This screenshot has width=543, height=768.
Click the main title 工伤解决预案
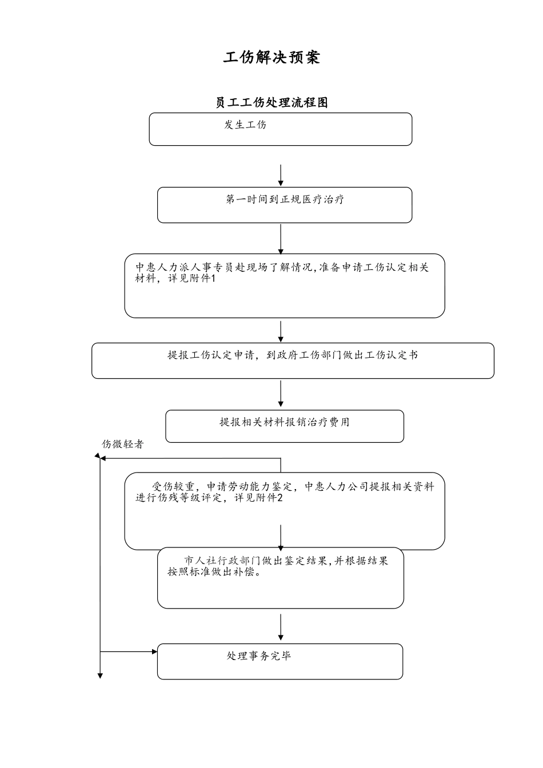(271, 57)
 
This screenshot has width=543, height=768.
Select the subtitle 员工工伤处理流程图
(271, 103)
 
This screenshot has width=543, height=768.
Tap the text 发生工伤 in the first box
(245, 125)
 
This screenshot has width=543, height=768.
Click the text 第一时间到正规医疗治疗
(285, 199)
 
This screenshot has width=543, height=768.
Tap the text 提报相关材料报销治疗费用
(285, 422)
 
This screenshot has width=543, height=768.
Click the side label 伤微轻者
(123, 444)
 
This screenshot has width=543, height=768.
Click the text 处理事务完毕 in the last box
(259, 656)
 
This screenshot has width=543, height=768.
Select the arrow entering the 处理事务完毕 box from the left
(129, 651)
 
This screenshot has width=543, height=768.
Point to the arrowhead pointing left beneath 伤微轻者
(98, 458)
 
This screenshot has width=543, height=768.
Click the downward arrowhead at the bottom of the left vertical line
(100, 675)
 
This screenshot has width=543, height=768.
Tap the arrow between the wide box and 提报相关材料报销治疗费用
(281, 394)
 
